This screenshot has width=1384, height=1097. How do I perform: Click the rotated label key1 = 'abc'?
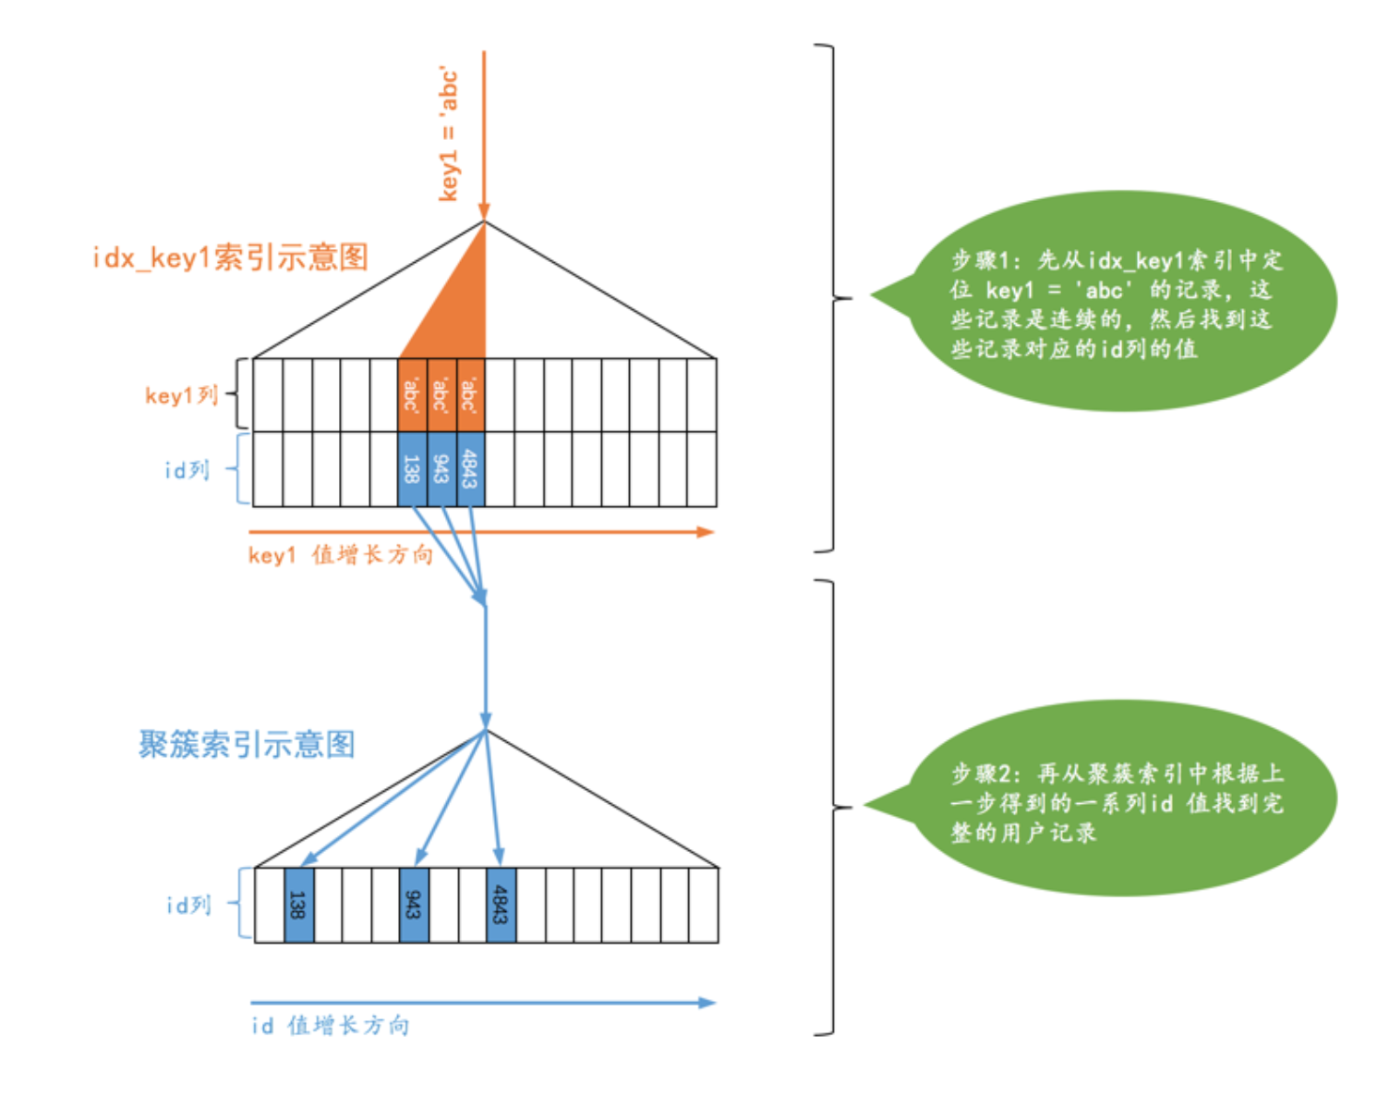(450, 134)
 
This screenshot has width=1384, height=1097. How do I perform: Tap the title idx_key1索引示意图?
(230, 256)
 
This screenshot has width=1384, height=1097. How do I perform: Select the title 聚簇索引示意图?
(247, 745)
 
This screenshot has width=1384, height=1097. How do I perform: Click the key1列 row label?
(181, 395)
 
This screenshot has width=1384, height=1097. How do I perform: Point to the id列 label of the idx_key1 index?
(187, 470)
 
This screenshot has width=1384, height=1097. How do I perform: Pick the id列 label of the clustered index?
(188, 904)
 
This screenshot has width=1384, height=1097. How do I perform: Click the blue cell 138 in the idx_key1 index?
(412, 469)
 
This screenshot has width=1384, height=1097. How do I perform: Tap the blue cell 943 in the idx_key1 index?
(441, 469)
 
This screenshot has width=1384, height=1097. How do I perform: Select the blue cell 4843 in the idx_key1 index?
(470, 469)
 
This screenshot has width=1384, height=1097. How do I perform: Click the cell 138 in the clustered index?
(299, 904)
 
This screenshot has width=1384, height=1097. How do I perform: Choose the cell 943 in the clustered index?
(414, 904)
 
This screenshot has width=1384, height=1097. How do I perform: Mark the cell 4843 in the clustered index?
(501, 904)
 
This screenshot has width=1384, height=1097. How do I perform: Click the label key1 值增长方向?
(340, 555)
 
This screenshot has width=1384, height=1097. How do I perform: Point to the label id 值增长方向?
(330, 1026)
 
